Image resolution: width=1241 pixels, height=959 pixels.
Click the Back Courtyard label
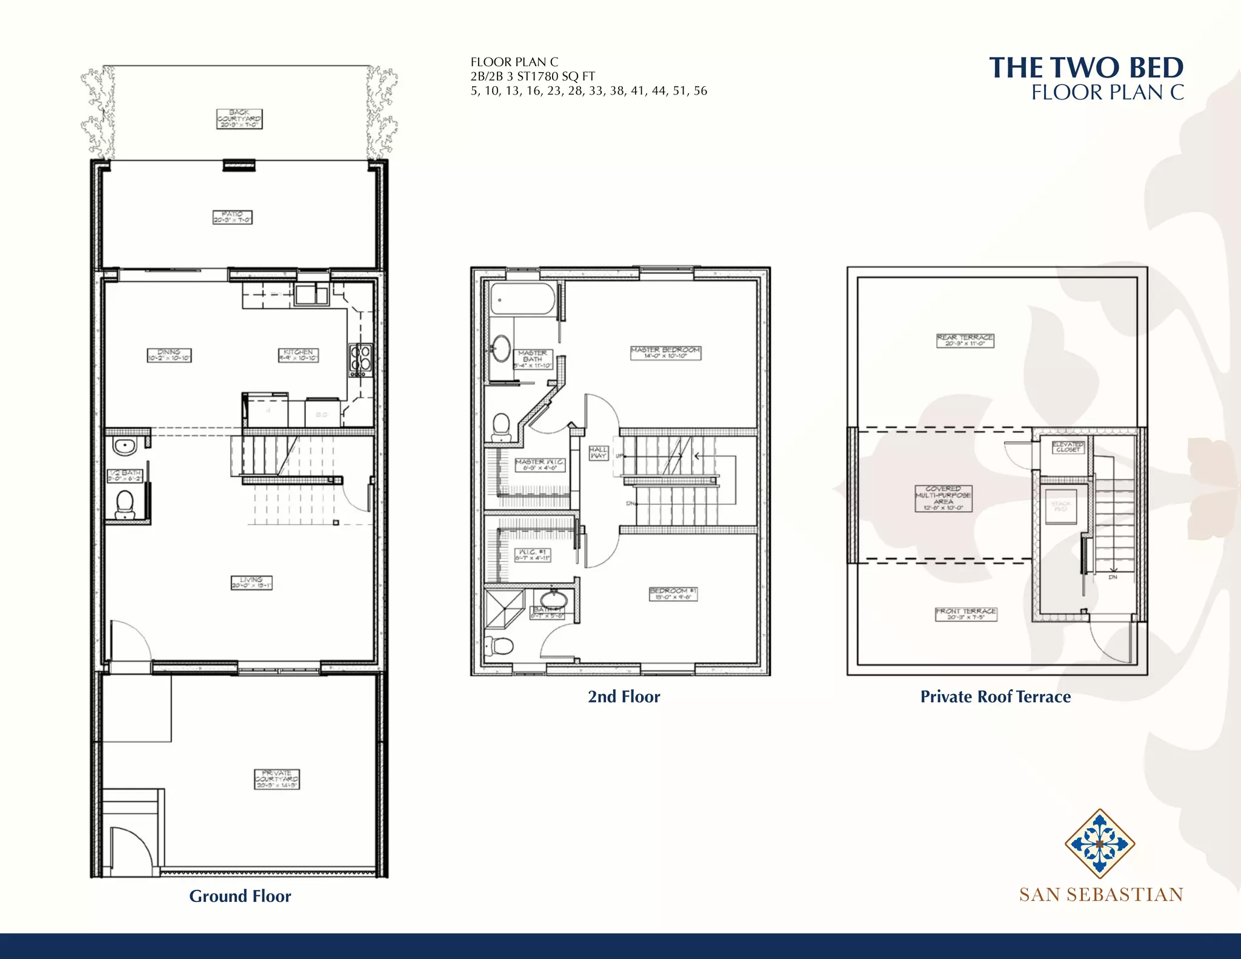click(239, 118)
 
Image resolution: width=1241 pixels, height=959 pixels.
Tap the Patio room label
click(232, 217)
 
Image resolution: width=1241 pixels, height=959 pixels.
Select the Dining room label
click(169, 355)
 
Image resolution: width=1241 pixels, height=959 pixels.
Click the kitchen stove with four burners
click(361, 360)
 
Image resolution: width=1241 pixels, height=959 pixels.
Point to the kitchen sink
click(311, 295)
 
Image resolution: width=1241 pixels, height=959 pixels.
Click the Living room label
click(251, 583)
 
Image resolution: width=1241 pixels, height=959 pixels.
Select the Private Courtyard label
click(277, 779)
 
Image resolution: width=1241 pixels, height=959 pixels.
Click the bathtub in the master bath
click(522, 299)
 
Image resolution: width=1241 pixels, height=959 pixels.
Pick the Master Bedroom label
click(665, 353)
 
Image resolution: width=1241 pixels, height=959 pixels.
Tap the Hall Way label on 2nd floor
click(598, 452)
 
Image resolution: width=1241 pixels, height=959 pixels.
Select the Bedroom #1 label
click(673, 593)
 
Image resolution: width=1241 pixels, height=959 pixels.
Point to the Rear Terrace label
click(965, 340)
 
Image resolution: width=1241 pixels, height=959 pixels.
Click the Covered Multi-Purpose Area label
click(943, 498)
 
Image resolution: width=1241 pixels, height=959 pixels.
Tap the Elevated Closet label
click(1068, 447)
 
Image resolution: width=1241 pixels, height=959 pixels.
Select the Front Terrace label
click(965, 614)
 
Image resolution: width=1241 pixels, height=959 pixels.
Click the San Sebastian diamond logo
click(1099, 843)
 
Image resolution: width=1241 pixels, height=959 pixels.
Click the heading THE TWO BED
click(1086, 67)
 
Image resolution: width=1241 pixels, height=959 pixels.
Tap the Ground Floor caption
click(240, 896)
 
